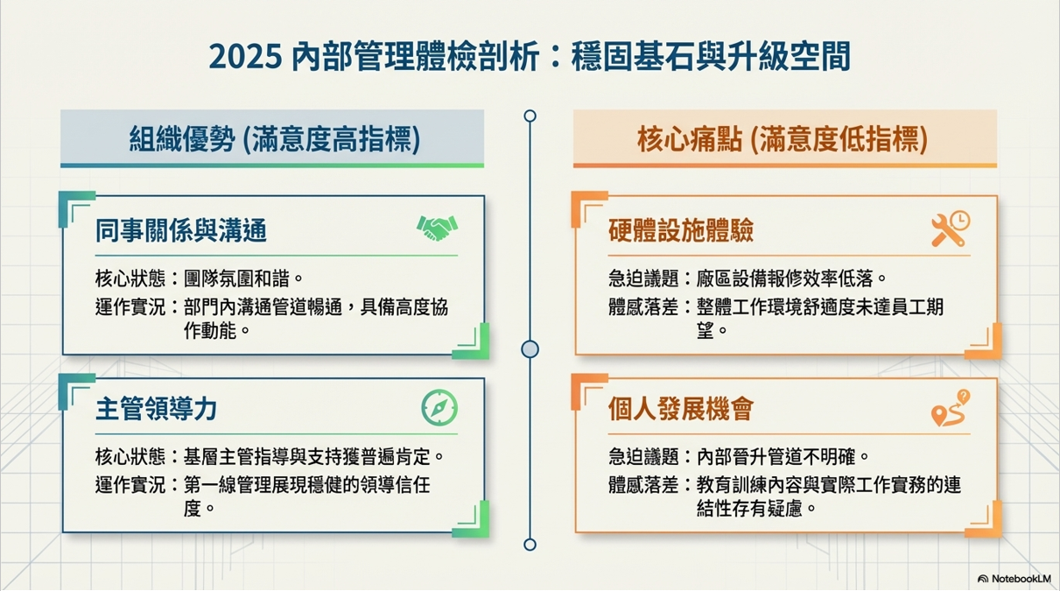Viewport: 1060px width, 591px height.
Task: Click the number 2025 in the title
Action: click(x=245, y=57)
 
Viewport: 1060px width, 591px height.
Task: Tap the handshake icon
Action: click(x=438, y=228)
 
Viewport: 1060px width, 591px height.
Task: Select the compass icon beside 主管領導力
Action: click(x=439, y=408)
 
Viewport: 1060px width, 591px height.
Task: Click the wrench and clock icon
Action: click(x=951, y=229)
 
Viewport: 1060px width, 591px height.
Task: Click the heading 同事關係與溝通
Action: click(x=181, y=231)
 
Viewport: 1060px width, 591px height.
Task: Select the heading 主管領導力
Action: click(x=156, y=409)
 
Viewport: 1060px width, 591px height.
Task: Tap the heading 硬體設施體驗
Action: click(x=681, y=231)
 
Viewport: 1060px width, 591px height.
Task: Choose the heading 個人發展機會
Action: click(x=681, y=409)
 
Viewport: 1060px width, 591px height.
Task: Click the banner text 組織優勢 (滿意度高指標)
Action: click(x=275, y=139)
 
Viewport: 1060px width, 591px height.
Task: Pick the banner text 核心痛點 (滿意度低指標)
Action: click(x=783, y=139)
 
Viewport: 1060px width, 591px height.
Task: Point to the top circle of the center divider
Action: click(x=530, y=116)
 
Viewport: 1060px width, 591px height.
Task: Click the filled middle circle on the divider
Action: click(x=530, y=349)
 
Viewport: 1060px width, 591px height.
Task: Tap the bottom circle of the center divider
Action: click(x=530, y=545)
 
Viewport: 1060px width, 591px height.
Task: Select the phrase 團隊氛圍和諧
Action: click(x=236, y=278)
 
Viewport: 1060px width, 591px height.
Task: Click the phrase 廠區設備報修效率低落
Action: click(x=785, y=278)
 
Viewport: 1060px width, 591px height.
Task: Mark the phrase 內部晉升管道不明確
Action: click(x=776, y=457)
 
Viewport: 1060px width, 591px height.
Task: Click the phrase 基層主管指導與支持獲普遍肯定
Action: click(x=307, y=457)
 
